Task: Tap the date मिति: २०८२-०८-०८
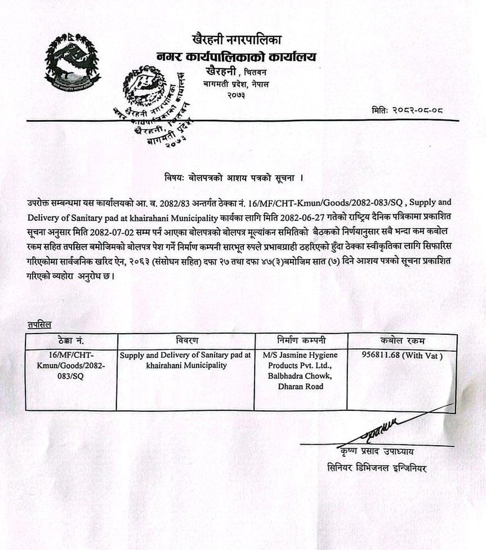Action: (x=407, y=110)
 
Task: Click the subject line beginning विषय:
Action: (x=230, y=178)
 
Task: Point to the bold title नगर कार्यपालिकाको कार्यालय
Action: (x=237, y=56)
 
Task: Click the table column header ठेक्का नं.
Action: (x=71, y=341)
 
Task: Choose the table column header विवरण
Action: (x=187, y=341)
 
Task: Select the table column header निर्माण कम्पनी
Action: (x=301, y=341)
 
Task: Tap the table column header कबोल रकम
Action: (x=402, y=341)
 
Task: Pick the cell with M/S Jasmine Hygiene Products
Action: (x=301, y=371)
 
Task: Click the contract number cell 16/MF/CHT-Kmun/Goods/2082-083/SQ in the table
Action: (x=71, y=366)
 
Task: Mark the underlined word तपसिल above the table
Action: (x=39, y=325)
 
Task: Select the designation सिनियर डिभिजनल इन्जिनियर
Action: (x=377, y=467)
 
